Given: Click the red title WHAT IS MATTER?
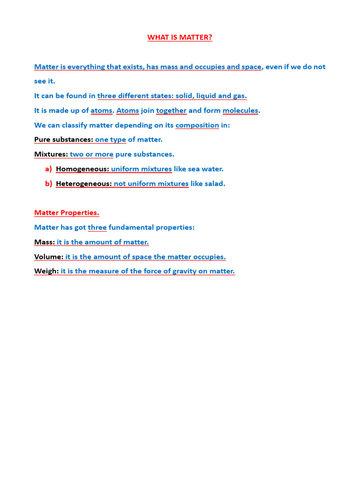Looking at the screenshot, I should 180,37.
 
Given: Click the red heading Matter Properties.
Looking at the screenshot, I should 67,213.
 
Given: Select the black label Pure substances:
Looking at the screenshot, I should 64,140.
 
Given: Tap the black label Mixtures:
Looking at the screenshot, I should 51,154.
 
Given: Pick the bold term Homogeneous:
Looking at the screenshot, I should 82,169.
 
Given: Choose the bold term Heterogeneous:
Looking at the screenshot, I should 84,184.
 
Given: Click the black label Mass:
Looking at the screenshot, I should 45,242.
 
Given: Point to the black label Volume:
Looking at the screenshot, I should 49,257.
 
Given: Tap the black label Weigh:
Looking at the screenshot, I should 46,271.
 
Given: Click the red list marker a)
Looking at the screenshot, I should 48,169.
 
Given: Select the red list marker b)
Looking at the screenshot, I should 48,184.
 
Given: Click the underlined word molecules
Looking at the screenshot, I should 240,111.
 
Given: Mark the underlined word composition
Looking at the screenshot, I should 197,125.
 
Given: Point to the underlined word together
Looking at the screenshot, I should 172,111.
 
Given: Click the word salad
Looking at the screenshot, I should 215,184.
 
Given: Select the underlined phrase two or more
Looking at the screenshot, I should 91,154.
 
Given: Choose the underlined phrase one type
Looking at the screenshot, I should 111,140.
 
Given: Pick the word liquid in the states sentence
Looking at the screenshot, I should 207,96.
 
